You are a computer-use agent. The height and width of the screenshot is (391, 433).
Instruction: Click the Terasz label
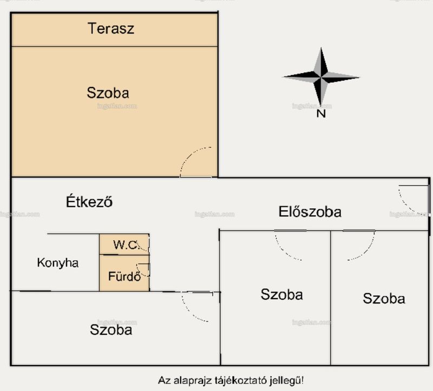(111, 29)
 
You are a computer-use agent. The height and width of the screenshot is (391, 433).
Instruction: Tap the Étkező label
(89, 201)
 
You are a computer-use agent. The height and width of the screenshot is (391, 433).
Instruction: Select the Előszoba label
(310, 211)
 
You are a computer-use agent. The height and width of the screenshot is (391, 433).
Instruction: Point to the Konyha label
(58, 263)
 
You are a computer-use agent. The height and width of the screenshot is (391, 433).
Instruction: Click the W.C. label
(126, 245)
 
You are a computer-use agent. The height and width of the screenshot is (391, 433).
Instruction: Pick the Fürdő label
(124, 276)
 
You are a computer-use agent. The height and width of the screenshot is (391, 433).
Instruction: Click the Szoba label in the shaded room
(108, 92)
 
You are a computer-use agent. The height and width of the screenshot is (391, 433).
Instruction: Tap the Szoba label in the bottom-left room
(111, 329)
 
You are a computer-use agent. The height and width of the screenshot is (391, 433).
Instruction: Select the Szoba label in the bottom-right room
(384, 299)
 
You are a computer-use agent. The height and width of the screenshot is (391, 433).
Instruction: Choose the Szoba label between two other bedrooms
(281, 294)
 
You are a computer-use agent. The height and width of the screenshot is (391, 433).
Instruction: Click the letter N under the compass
(321, 114)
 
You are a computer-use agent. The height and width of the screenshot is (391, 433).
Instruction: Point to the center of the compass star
(321, 77)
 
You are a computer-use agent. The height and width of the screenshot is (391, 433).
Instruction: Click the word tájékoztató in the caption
(241, 381)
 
